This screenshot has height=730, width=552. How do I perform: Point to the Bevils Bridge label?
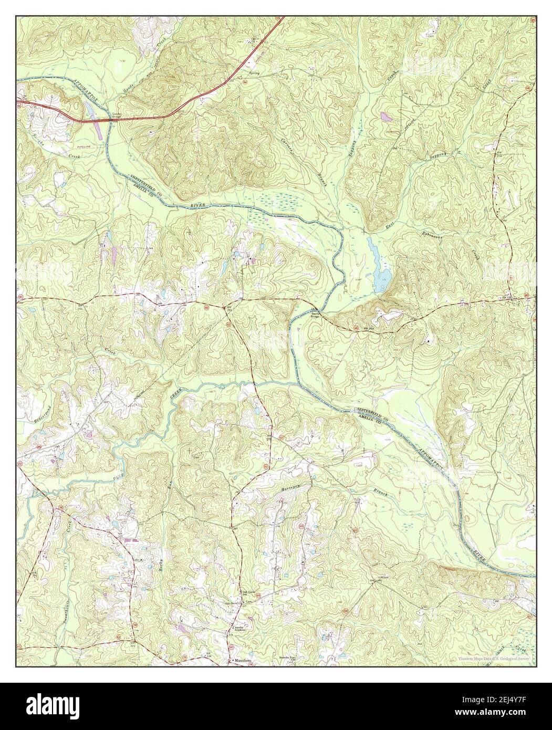(x=314, y=314)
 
